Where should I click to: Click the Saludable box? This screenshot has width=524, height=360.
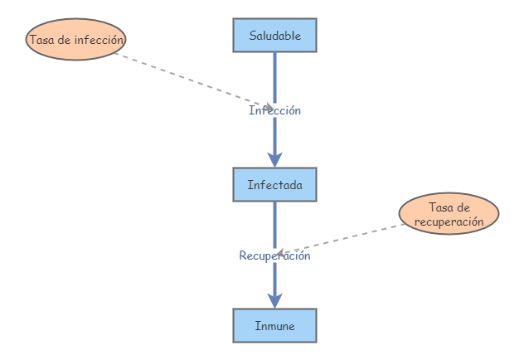(x=274, y=36)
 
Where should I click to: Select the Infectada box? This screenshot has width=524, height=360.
(x=274, y=184)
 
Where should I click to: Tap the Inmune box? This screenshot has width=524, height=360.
(x=274, y=326)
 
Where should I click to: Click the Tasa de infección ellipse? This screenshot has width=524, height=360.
(x=76, y=40)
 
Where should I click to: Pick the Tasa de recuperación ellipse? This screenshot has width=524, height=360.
(x=449, y=215)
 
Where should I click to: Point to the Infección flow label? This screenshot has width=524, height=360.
(x=274, y=110)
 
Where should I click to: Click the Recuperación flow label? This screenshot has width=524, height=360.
(x=274, y=255)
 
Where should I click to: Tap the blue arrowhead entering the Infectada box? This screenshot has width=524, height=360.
(x=274, y=159)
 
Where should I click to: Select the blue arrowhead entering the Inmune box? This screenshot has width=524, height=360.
(x=274, y=300)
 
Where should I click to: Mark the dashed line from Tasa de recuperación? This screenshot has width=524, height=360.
(x=348, y=237)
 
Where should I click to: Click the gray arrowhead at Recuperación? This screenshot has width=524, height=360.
(x=281, y=252)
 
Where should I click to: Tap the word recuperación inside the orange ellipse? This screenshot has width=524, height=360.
(x=449, y=222)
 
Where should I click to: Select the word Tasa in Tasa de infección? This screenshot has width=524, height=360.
(x=42, y=40)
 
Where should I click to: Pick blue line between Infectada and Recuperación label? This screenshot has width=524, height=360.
(x=274, y=224)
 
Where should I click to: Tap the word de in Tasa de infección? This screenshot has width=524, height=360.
(x=65, y=40)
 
